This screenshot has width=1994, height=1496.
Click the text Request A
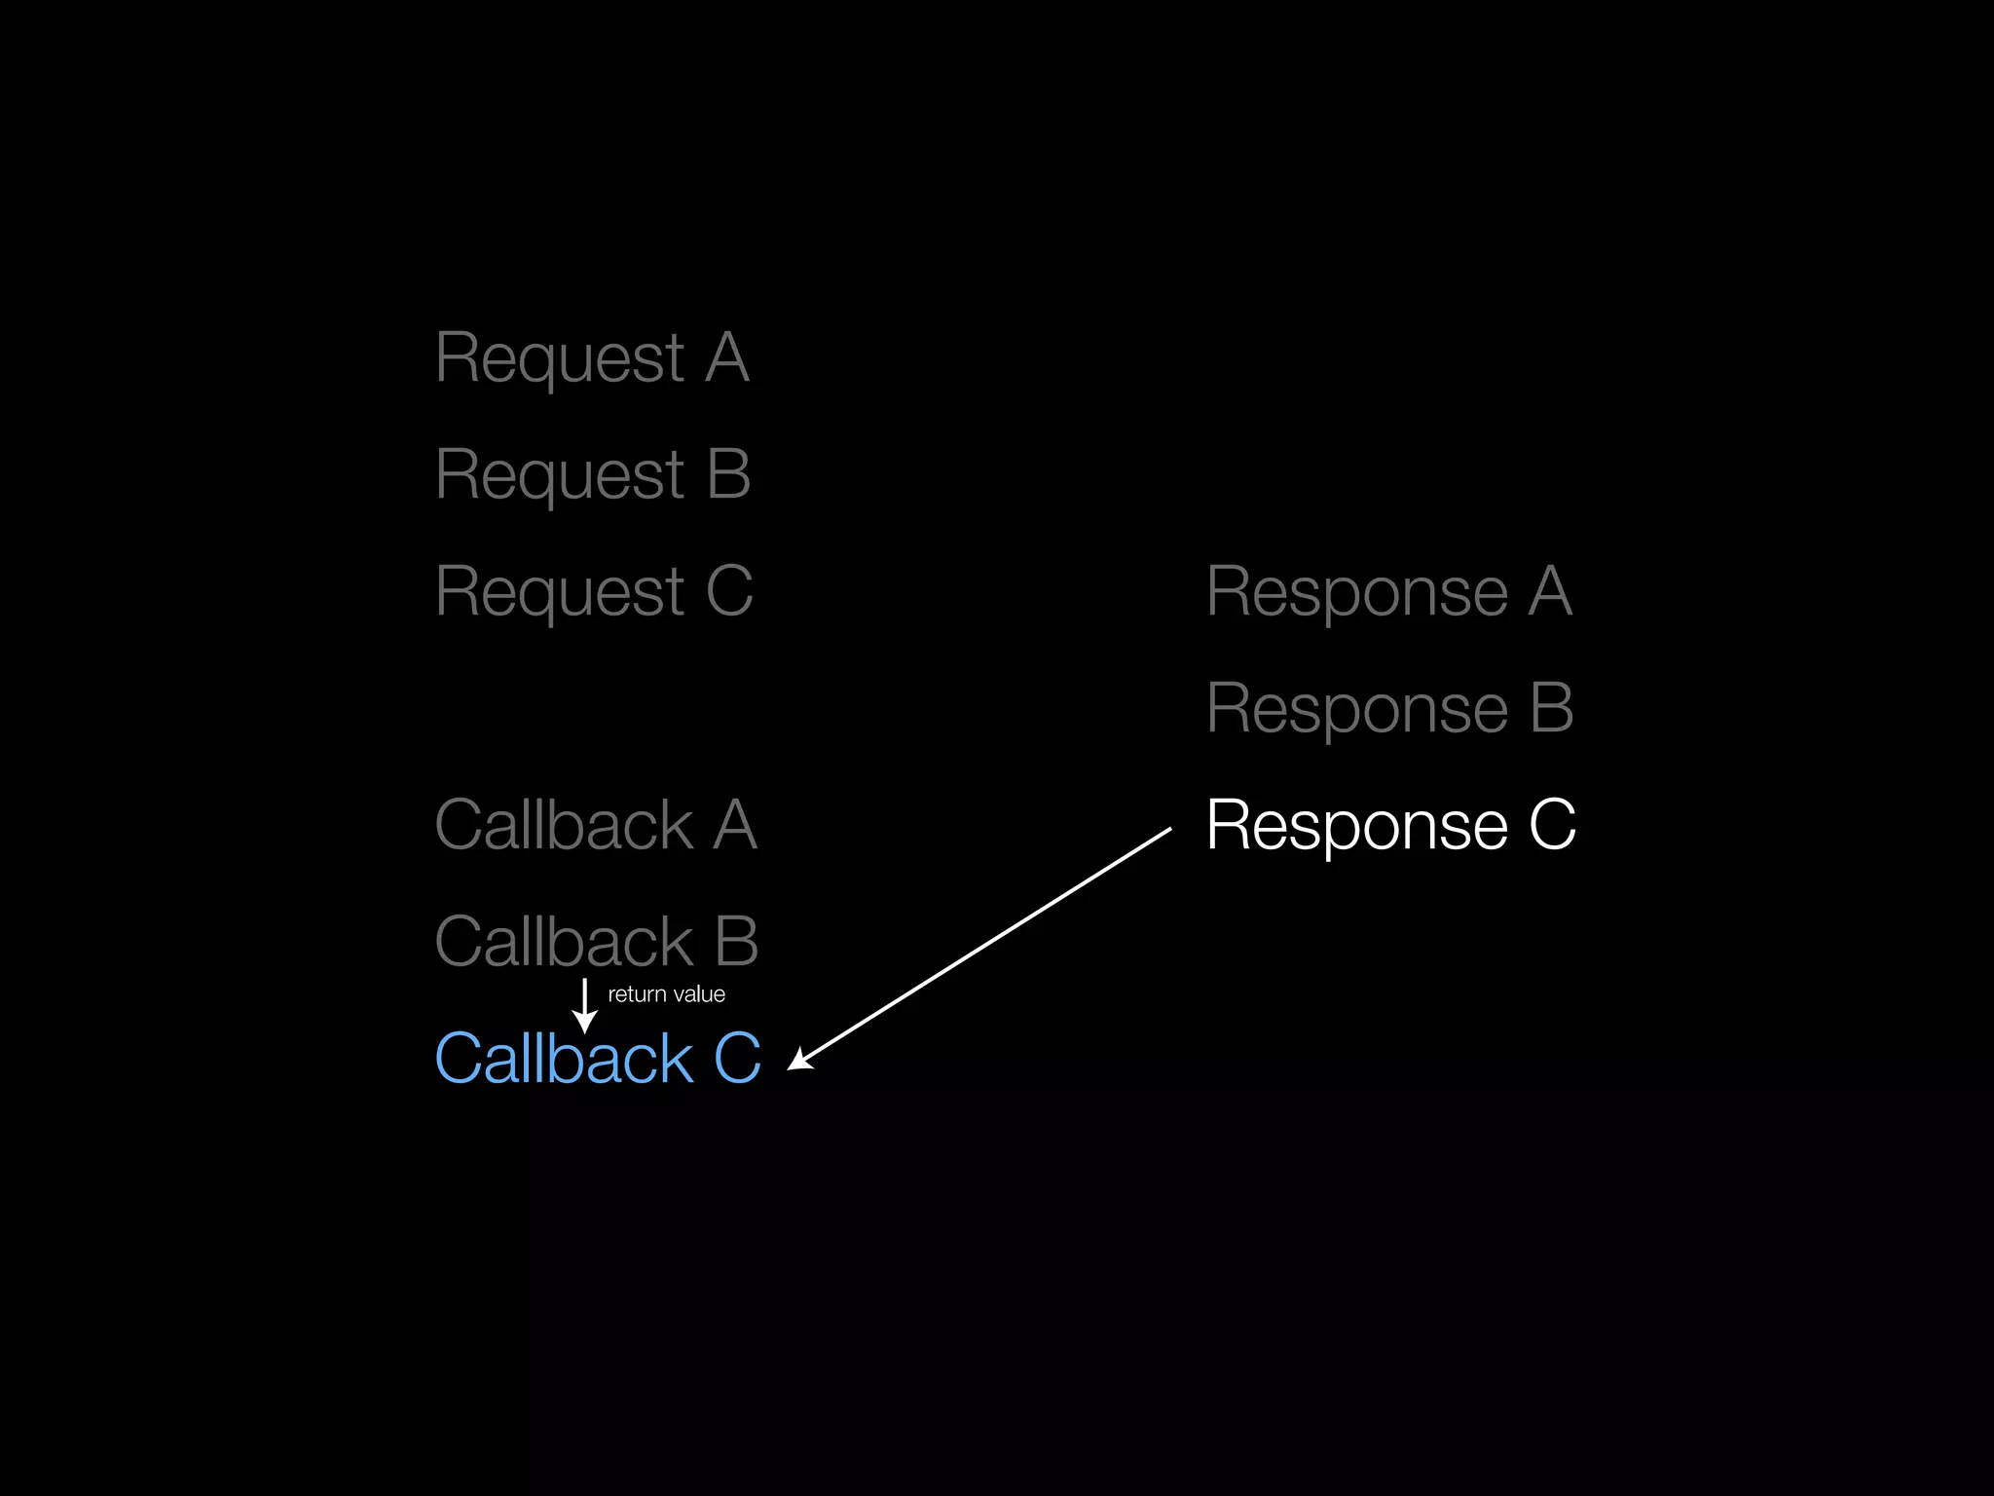(592, 358)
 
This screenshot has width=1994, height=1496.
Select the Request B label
(593, 475)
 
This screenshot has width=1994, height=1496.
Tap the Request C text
(594, 592)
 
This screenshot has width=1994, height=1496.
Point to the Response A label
(1389, 591)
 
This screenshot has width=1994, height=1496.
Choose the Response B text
(1389, 708)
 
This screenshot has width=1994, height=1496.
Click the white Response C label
(1390, 825)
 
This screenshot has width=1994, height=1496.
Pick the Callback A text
(596, 825)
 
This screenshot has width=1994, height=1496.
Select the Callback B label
(596, 942)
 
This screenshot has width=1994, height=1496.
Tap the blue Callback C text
(597, 1059)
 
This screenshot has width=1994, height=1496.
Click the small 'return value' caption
(666, 994)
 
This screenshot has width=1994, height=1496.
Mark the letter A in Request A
(726, 358)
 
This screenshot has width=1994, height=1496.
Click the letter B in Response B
(1551, 708)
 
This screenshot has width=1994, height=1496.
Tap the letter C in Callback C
(737, 1059)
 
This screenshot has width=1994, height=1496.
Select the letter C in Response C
(1552, 825)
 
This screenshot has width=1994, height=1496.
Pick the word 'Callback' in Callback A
(564, 825)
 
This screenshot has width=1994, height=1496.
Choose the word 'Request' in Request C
(560, 592)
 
